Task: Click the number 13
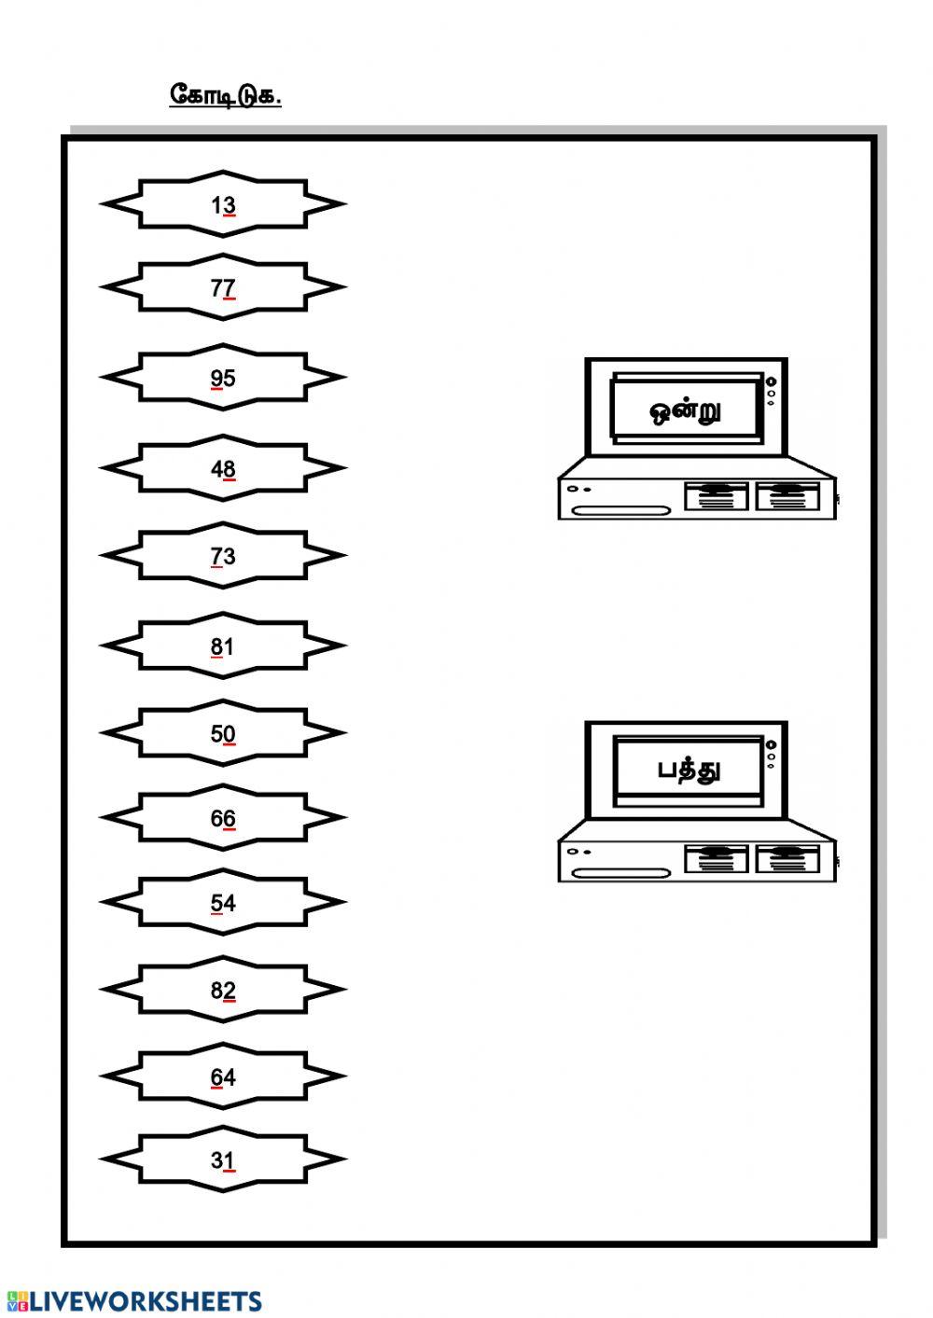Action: click(x=223, y=205)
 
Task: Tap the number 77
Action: click(x=223, y=288)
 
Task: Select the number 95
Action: click(x=223, y=379)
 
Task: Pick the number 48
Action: click(x=223, y=469)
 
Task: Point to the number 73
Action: click(x=223, y=557)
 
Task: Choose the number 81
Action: click(x=222, y=647)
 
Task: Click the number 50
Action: click(x=223, y=734)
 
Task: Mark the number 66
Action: click(x=223, y=819)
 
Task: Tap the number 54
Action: click(x=223, y=904)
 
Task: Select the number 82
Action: click(x=223, y=991)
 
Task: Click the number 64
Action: click(x=223, y=1078)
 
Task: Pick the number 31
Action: click(x=223, y=1161)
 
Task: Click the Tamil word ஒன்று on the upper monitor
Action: click(x=685, y=411)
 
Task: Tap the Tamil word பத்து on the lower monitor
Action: click(x=689, y=770)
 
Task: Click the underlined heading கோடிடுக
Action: click(x=225, y=95)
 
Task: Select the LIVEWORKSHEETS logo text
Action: click(x=134, y=1301)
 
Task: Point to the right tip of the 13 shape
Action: click(x=345, y=204)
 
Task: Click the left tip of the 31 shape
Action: click(x=102, y=1159)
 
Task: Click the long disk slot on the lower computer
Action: click(x=621, y=873)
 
